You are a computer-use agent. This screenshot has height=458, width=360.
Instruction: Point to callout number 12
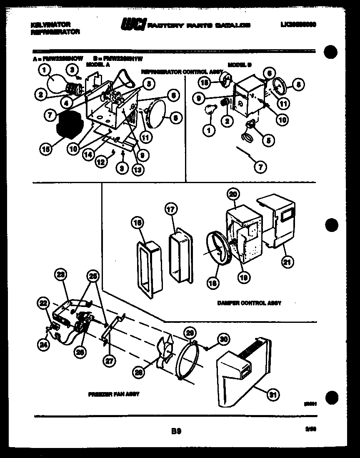(x=101, y=162)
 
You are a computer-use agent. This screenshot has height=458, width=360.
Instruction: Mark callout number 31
(x=273, y=394)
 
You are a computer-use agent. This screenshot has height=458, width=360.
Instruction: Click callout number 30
(x=224, y=339)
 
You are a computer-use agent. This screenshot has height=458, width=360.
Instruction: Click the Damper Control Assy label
(x=249, y=303)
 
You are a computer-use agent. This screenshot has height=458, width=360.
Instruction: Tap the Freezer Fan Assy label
(x=113, y=394)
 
